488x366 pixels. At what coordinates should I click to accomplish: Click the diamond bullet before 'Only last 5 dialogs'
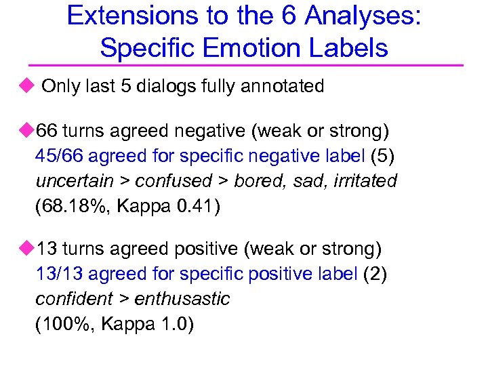click(26, 86)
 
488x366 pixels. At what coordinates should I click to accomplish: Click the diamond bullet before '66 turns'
click(26, 129)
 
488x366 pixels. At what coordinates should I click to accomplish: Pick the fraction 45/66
click(59, 156)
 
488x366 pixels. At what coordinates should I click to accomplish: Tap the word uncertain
click(74, 181)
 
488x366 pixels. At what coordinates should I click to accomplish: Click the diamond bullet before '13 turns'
click(26, 249)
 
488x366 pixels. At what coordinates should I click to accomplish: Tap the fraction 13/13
click(59, 274)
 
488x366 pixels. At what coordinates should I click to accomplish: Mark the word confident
click(75, 299)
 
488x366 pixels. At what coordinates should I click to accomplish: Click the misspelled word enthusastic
click(182, 299)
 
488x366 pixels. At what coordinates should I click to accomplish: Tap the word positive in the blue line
click(281, 274)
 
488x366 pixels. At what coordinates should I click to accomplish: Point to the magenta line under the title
click(244, 66)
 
